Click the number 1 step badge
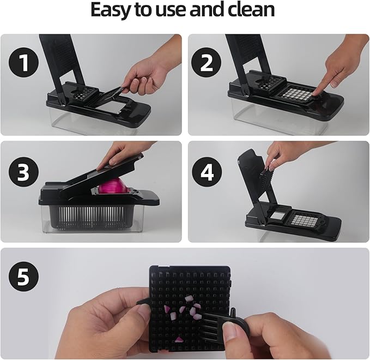tap(23, 63)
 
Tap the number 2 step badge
tap(206, 63)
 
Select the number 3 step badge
tap(23, 172)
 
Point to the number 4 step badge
tap(207, 172)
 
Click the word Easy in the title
tap(111, 10)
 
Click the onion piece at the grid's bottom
tap(179, 340)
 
